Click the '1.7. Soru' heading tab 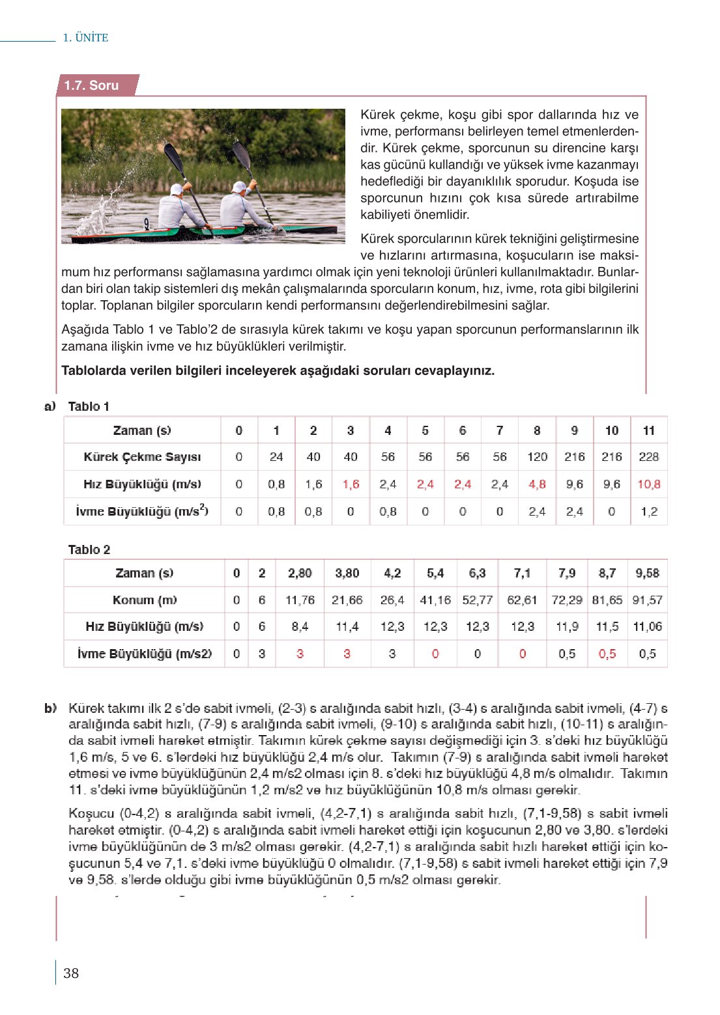pyautogui.click(x=91, y=85)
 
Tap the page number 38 pyautogui.click(x=71, y=973)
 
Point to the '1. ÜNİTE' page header pyautogui.click(x=85, y=38)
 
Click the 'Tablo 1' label pyautogui.click(x=89, y=406)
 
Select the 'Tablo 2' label pyautogui.click(x=89, y=549)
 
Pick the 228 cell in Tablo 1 pyautogui.click(x=648, y=457)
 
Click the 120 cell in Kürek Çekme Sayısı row pyautogui.click(x=537, y=457)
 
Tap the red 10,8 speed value pyautogui.click(x=648, y=484)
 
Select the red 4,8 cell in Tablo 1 pyautogui.click(x=537, y=484)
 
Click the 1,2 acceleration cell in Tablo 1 pyautogui.click(x=648, y=512)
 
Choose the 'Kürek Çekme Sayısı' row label pyautogui.click(x=142, y=457)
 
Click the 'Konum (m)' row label pyautogui.click(x=144, y=600)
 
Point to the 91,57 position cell pyautogui.click(x=647, y=600)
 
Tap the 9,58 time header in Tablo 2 pyautogui.click(x=647, y=573)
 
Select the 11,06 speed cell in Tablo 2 pyautogui.click(x=647, y=627)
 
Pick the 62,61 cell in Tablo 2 pyautogui.click(x=522, y=600)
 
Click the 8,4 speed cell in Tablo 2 pyautogui.click(x=300, y=627)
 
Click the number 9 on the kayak pyautogui.click(x=147, y=223)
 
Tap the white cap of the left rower pyautogui.click(x=177, y=189)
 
